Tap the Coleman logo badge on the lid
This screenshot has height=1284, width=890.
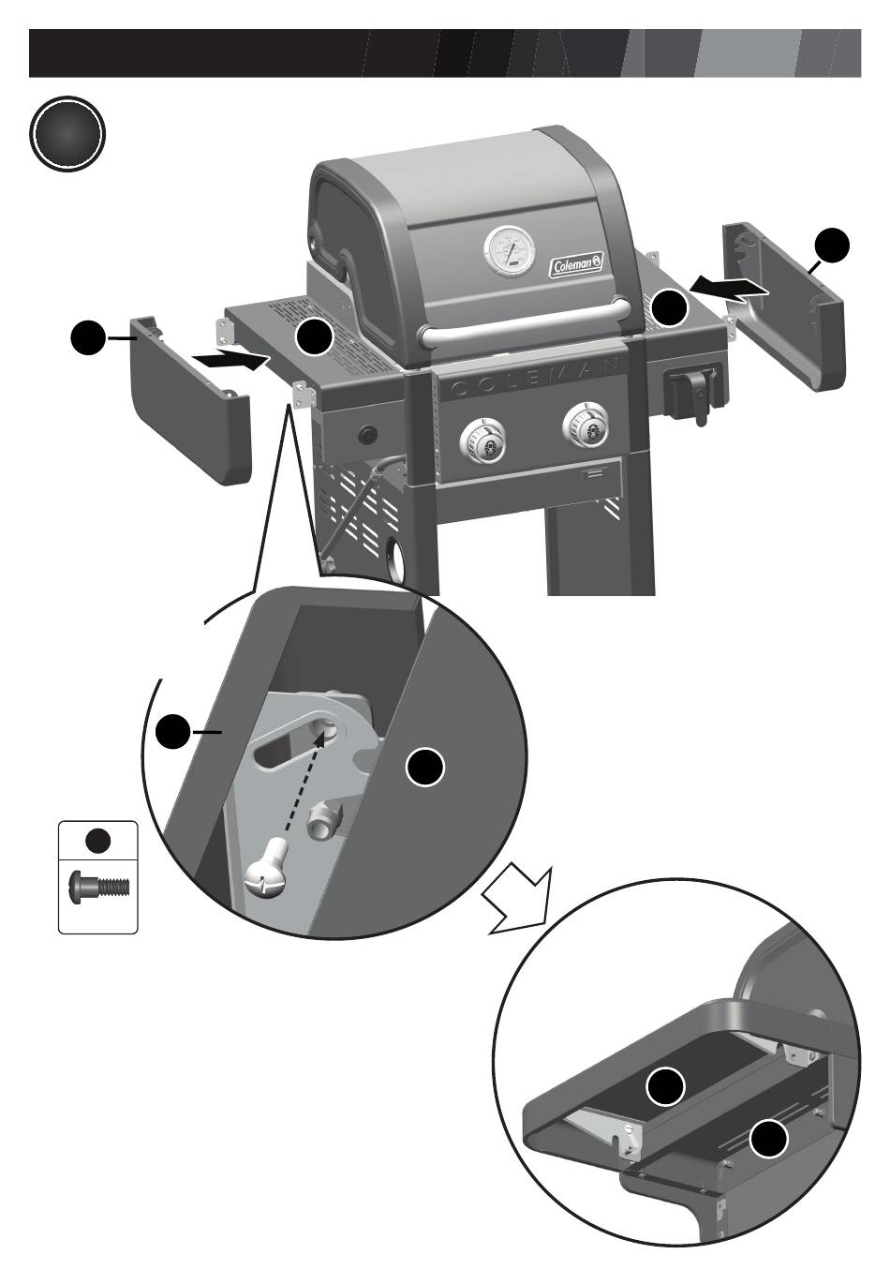(576, 265)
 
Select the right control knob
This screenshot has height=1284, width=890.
(587, 427)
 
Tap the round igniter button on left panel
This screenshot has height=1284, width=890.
(366, 435)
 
